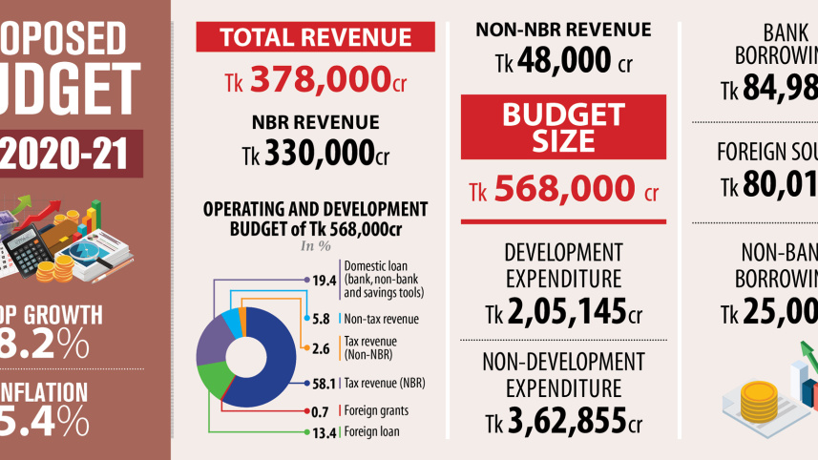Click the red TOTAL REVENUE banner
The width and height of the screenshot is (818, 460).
(316, 38)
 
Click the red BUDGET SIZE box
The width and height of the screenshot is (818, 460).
(563, 127)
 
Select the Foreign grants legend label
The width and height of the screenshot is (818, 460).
(376, 411)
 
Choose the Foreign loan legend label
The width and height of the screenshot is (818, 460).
(371, 431)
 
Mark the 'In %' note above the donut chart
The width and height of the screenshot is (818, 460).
(315, 245)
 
